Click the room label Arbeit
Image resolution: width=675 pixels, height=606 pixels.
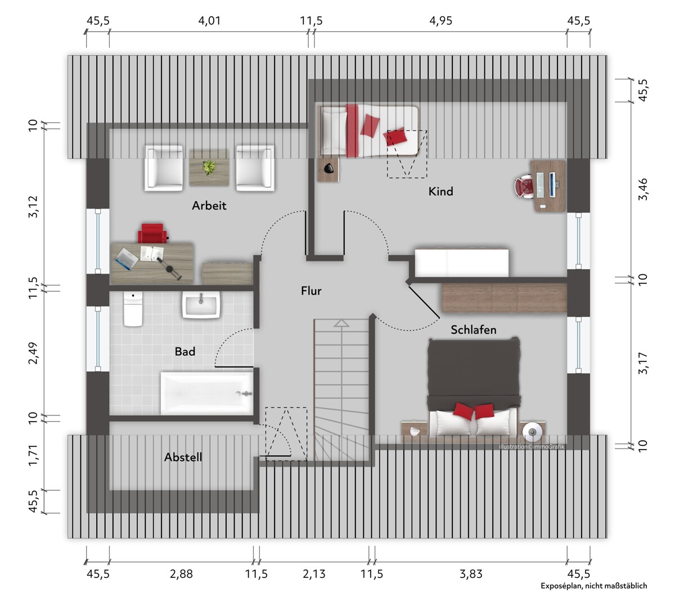209,205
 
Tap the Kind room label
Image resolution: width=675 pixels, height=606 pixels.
440,191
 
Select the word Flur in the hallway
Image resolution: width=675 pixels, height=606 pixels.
311,291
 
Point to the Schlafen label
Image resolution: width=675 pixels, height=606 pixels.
474,329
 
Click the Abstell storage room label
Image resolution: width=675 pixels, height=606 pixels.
183,457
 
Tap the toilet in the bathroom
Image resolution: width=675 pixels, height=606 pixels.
133,309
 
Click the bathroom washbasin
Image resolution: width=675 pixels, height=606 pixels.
201,304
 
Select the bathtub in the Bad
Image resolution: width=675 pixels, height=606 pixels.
206,394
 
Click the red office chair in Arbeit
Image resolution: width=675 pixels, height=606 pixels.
152,233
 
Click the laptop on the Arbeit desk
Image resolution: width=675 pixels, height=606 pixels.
126,259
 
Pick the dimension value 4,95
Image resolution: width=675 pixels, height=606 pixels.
440,21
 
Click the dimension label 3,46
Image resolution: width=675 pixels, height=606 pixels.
643,189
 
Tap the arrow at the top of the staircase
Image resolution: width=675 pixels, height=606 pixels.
341,323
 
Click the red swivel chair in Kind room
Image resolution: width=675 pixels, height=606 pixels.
524,186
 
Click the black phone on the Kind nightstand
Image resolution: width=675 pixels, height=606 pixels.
328,168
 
